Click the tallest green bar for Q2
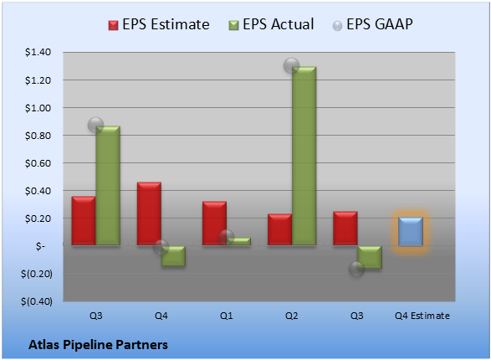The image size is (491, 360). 304,156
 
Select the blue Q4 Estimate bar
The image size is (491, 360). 411,231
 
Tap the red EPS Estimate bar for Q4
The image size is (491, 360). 149,213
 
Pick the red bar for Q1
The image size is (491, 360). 214,223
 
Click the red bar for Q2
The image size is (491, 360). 279,229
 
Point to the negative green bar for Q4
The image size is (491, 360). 173,255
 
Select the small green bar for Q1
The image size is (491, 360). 238,241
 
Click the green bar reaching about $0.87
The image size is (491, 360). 108,186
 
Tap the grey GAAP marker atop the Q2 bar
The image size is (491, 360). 291,66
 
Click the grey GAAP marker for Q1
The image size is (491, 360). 226,237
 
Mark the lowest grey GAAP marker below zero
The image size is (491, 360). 356,269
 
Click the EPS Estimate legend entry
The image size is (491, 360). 159,24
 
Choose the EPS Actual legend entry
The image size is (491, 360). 271,24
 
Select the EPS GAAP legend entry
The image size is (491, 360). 372,24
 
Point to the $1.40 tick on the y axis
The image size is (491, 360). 38,52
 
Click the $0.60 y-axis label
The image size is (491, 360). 38,163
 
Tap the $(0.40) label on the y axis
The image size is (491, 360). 37,301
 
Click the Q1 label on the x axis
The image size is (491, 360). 226,316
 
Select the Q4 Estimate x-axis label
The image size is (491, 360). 422,316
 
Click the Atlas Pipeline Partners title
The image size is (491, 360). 98,345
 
